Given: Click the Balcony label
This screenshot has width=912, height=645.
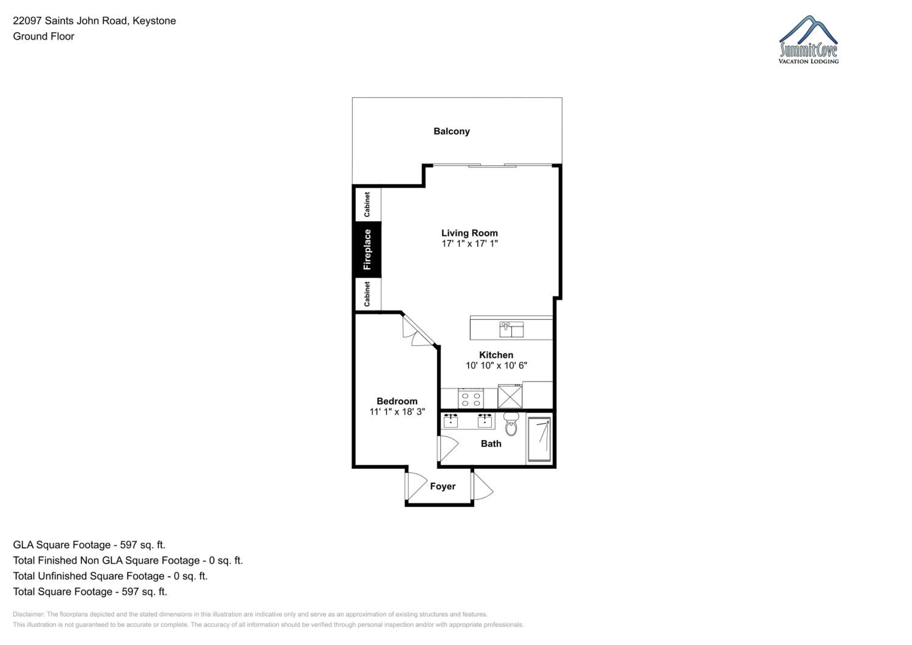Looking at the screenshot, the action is click(x=452, y=132).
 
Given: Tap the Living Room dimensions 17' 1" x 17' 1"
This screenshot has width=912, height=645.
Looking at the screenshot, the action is click(x=469, y=243).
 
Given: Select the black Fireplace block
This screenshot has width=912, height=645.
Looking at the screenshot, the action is click(x=367, y=250).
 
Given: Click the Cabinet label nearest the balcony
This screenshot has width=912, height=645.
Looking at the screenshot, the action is click(x=367, y=205).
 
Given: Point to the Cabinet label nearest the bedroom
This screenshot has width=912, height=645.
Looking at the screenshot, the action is click(x=367, y=294).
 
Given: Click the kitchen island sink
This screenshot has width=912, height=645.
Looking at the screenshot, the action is click(x=511, y=329).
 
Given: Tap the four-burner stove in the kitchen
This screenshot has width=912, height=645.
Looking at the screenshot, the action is click(x=471, y=398).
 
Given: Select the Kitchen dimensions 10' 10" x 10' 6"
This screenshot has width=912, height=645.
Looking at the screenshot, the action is click(x=496, y=365).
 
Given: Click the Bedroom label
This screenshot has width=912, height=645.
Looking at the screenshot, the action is click(x=397, y=401).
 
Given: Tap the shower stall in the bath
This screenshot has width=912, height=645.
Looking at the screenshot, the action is click(x=539, y=439).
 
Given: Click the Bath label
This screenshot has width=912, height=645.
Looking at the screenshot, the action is click(x=491, y=444).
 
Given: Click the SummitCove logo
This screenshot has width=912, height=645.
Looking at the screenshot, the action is click(x=809, y=40).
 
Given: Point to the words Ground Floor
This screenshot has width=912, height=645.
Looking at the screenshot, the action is click(x=44, y=36).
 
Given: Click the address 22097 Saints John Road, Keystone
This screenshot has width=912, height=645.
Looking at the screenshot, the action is click(x=95, y=21).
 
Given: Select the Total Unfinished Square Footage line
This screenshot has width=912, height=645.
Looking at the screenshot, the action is click(x=110, y=576).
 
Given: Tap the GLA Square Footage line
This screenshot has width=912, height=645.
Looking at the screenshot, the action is click(x=89, y=545).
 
